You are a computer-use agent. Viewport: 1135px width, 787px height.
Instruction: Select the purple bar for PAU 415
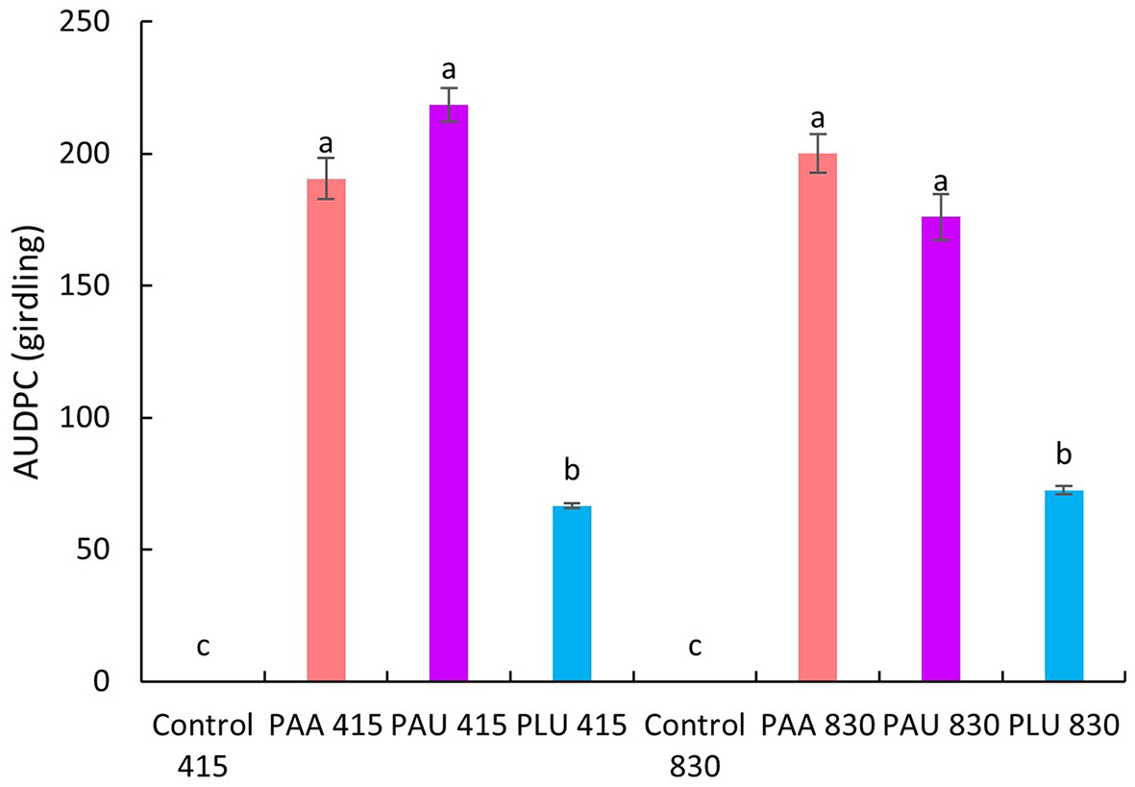point(448,393)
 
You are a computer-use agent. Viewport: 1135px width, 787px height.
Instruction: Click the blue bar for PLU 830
point(1064,585)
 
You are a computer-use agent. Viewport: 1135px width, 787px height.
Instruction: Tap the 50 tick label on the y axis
point(111,550)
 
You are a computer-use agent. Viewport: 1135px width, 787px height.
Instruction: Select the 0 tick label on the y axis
point(118,682)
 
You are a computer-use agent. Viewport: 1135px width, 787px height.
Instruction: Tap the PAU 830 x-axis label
point(941,726)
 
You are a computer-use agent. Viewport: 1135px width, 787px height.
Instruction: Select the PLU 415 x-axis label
point(572,726)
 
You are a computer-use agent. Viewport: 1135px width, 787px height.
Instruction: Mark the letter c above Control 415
point(203,647)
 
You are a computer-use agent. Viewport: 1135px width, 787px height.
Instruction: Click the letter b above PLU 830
point(1064,454)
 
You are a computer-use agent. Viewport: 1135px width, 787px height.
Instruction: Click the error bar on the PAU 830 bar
point(941,216)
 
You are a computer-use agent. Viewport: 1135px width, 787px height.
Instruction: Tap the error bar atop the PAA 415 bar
point(326,178)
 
